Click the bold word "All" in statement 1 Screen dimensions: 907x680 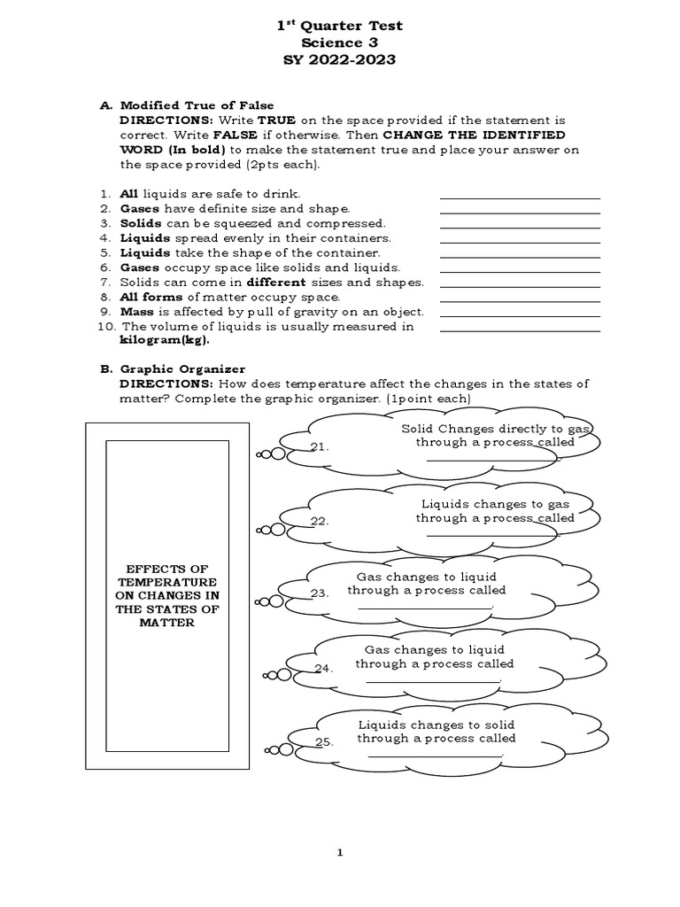[x=129, y=193]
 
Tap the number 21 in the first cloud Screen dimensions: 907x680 [x=321, y=447]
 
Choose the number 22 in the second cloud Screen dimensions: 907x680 [x=321, y=522]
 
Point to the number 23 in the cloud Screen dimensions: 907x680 [x=321, y=593]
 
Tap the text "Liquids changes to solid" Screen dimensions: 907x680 [x=435, y=724]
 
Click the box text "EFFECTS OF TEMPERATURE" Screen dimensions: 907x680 [x=166, y=574]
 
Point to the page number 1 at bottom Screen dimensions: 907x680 [x=339, y=853]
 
